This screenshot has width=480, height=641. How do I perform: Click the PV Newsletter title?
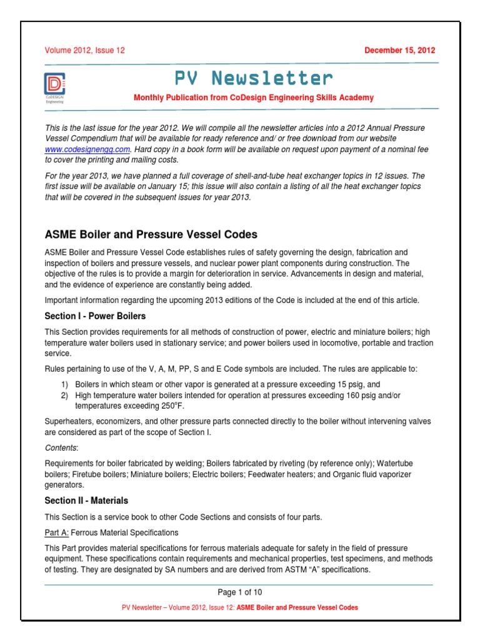point(253,78)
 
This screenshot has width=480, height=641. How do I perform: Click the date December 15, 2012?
point(400,51)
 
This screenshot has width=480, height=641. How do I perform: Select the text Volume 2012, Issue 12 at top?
point(84,51)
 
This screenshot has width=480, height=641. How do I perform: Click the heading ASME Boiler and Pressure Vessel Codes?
point(151,235)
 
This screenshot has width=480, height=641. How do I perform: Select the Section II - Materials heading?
point(86,501)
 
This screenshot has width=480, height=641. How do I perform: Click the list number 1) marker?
point(64,384)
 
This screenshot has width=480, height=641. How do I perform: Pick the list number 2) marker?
point(64,396)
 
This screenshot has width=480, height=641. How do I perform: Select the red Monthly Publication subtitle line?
point(253,98)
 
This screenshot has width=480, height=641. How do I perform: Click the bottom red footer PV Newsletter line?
point(240,608)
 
